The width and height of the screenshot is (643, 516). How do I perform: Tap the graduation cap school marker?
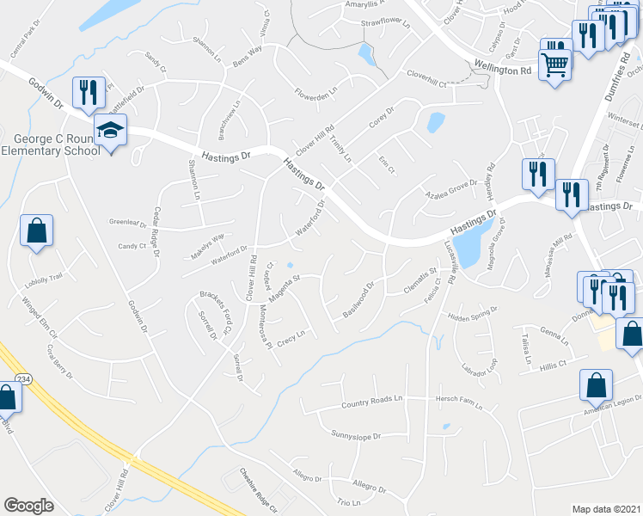(110, 130)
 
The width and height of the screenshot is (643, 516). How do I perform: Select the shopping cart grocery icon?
(554, 62)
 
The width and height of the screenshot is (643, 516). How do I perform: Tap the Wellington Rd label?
(502, 69)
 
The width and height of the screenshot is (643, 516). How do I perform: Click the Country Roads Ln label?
(371, 401)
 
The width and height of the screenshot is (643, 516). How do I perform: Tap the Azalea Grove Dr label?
(450, 190)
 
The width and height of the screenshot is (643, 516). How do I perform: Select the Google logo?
(28, 505)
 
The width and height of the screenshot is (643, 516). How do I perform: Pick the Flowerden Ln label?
(316, 90)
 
